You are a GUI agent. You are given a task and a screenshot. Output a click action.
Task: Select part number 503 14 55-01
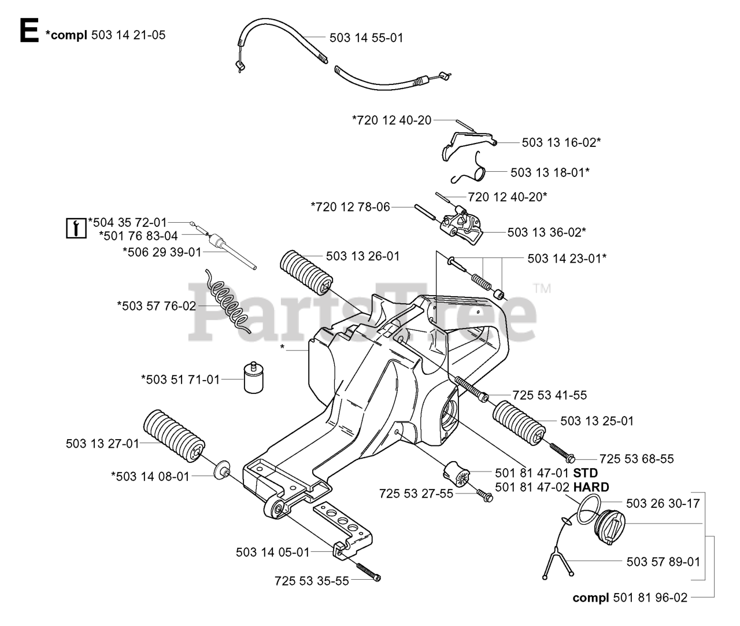(x=366, y=38)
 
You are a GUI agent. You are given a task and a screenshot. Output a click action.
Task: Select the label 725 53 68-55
(x=637, y=459)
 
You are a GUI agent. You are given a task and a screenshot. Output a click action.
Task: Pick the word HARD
(x=591, y=488)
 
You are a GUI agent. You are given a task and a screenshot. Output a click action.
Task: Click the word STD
(x=585, y=473)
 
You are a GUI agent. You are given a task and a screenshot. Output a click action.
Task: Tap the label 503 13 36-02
(x=547, y=232)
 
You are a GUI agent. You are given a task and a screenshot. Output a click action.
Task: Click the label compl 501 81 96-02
(x=630, y=598)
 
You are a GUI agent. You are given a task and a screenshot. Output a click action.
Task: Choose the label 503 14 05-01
(x=272, y=552)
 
